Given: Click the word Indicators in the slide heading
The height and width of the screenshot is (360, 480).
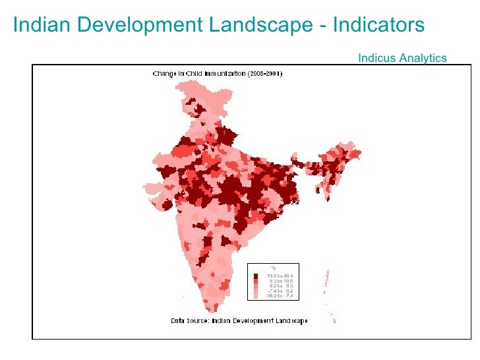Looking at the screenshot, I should point(378,25).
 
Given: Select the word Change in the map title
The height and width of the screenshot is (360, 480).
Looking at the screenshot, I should point(165,74).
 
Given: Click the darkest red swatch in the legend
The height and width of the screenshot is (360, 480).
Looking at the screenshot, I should point(256,276).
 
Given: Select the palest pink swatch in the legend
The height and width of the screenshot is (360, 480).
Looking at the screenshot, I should point(256,296).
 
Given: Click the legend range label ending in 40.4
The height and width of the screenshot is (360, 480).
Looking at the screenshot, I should point(280,276).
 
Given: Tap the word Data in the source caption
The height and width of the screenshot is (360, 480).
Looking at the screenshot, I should point(178,321).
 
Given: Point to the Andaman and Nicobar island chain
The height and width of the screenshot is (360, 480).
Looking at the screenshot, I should point(326,284).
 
